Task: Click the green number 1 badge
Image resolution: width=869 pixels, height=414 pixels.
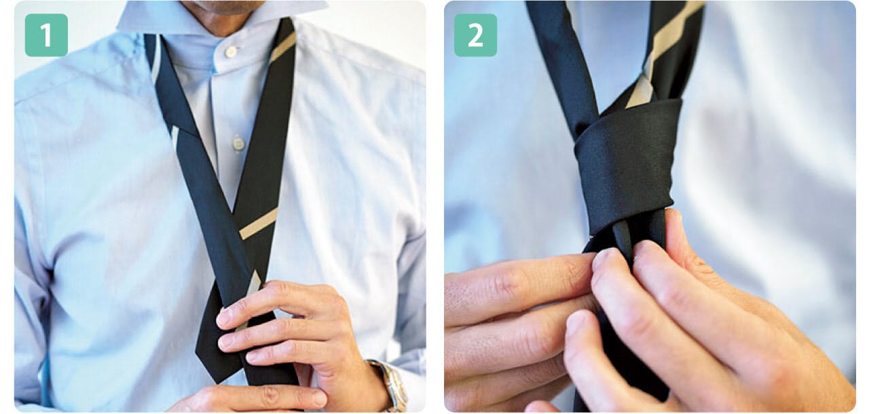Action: click(x=46, y=35)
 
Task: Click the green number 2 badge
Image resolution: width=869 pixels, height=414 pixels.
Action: click(x=475, y=35)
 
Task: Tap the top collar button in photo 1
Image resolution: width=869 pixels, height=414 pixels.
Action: click(x=232, y=52)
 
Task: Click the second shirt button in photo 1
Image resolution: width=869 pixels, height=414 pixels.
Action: click(x=238, y=143)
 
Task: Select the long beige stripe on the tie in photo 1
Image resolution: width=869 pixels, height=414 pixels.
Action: click(x=259, y=224)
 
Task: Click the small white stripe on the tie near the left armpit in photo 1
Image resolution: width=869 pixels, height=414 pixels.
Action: click(x=175, y=138)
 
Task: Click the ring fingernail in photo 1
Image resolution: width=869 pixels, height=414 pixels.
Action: click(x=253, y=356)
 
